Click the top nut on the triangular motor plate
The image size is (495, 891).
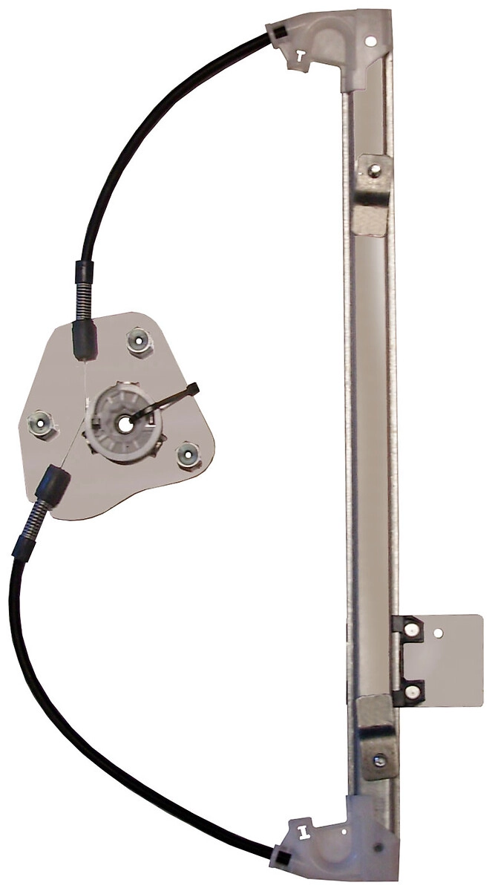click(139, 342)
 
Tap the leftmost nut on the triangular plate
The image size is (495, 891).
click(40, 424)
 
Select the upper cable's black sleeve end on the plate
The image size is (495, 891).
click(84, 337)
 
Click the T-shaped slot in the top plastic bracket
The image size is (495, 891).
click(299, 55)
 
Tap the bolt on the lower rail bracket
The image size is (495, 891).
click(380, 759)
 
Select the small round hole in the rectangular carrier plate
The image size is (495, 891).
click(439, 633)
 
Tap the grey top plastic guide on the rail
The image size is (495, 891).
click(341, 41)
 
